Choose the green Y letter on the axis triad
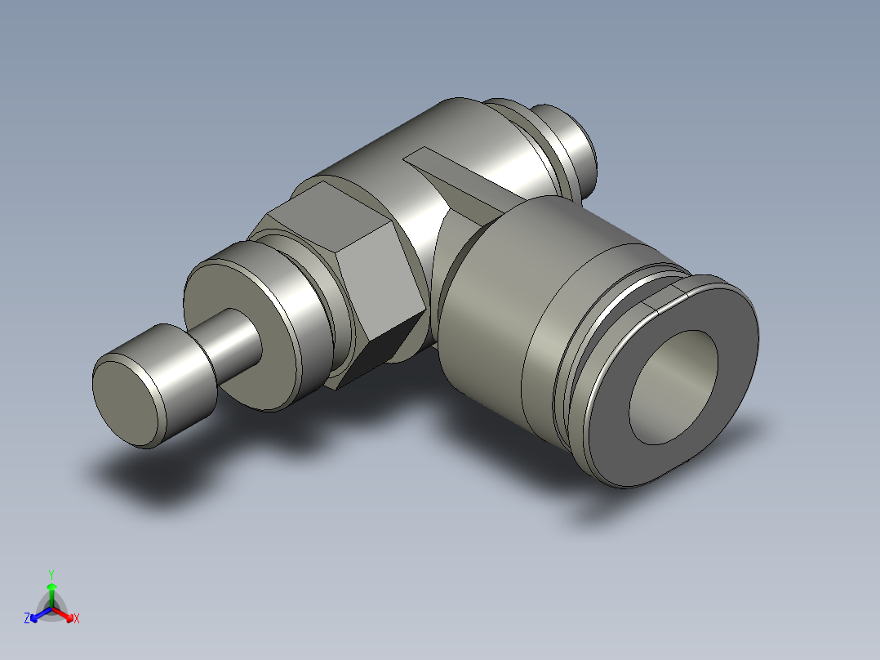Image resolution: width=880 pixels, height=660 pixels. pyautogui.click(x=51, y=573)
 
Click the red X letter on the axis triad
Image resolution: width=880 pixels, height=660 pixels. pyautogui.click(x=77, y=618)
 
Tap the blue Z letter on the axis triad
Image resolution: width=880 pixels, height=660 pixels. pyautogui.click(x=27, y=618)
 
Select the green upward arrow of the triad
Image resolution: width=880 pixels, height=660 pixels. pyautogui.click(x=51, y=589)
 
